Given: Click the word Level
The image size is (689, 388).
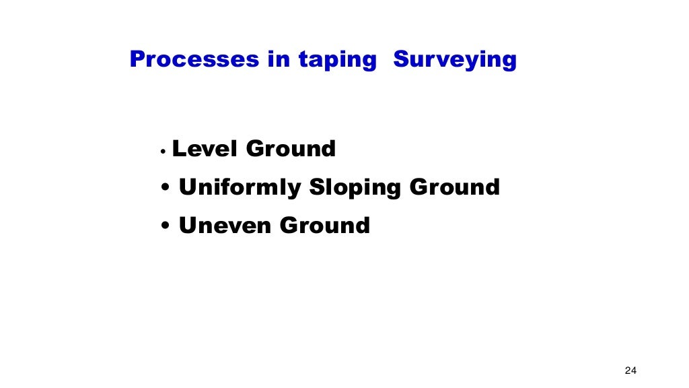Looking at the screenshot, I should (205, 148).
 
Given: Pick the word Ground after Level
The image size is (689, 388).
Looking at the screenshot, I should (291, 148).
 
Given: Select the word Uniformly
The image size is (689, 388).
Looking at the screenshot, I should (240, 187).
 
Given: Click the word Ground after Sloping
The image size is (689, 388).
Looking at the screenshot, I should (455, 187).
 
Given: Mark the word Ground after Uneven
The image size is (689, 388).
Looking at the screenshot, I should (325, 225).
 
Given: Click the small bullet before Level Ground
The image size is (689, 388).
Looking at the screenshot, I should (163, 152).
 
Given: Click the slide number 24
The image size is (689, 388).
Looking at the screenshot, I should (630, 370).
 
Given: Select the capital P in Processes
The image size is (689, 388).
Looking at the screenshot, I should (137, 59).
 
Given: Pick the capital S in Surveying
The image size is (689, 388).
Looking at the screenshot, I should (401, 59).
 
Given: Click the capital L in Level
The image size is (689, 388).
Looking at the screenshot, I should (179, 148).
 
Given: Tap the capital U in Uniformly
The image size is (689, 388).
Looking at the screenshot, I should (187, 187).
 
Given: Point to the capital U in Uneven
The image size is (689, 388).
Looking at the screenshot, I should (187, 225).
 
